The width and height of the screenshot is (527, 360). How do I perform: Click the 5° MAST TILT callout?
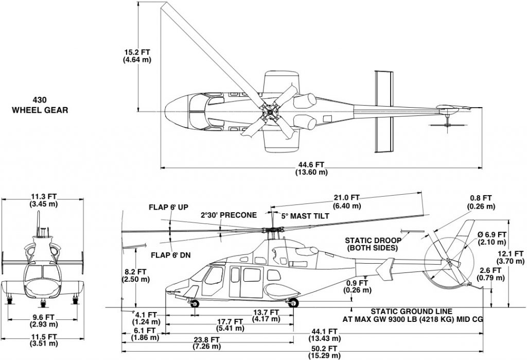point(304,215)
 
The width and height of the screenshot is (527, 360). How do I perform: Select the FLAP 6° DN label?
point(169,254)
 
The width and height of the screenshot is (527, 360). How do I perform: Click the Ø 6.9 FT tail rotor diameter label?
point(493,238)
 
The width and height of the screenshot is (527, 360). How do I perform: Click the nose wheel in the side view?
point(196,303)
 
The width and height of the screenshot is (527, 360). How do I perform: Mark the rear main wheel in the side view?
point(293,303)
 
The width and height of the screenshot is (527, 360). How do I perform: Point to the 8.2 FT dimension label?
point(134,275)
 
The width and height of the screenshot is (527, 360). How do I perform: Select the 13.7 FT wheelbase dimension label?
point(267,316)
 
